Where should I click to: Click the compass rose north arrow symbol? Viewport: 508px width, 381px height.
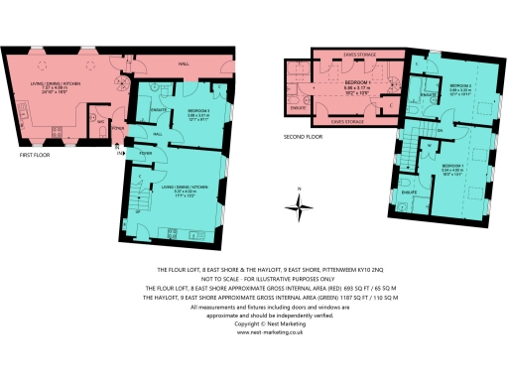coord(299,207)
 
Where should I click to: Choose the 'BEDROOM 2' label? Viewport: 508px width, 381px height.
coord(460,86)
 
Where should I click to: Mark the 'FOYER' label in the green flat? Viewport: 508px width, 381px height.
coord(145,154)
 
